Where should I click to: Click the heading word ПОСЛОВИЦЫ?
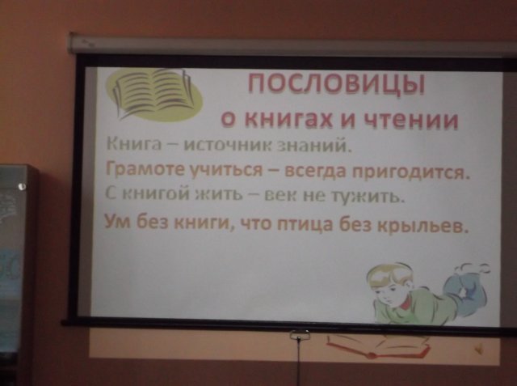(336, 85)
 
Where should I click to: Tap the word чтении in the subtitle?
(411, 121)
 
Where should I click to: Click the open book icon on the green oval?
(153, 93)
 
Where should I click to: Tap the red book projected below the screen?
(376, 347)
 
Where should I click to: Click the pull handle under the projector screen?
(300, 335)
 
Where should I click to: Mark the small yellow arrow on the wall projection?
(477, 347)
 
